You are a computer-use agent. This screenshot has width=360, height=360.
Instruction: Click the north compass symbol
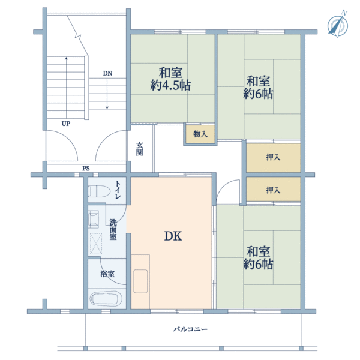(337, 25)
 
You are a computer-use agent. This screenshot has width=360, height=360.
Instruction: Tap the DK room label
(173, 236)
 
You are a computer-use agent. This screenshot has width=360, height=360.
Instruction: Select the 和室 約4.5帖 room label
(170, 79)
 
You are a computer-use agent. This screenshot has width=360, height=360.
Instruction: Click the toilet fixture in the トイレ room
(99, 191)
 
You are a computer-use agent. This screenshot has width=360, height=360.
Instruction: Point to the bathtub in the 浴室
(106, 298)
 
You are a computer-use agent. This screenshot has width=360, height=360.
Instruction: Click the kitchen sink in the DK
(140, 281)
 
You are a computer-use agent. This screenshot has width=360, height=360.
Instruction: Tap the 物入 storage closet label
(200, 134)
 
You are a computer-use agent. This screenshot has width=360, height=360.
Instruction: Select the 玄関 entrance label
(140, 149)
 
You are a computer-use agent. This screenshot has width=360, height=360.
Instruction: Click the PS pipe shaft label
(86, 169)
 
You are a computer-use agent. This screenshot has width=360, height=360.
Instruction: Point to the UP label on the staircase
(66, 124)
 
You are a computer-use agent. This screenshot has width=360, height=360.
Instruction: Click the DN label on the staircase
(107, 73)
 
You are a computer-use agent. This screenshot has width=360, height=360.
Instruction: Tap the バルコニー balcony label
(190, 329)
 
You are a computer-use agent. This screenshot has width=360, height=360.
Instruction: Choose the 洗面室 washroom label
(113, 230)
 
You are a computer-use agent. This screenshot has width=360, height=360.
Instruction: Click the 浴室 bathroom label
(107, 274)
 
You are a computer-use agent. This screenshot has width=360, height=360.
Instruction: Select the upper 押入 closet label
(273, 157)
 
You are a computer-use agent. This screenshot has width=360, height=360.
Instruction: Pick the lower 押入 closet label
(273, 190)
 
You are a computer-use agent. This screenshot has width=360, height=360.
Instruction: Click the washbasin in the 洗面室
(94, 219)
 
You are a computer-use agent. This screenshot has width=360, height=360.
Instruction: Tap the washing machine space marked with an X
(95, 244)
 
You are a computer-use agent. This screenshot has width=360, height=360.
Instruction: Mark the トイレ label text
(118, 190)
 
